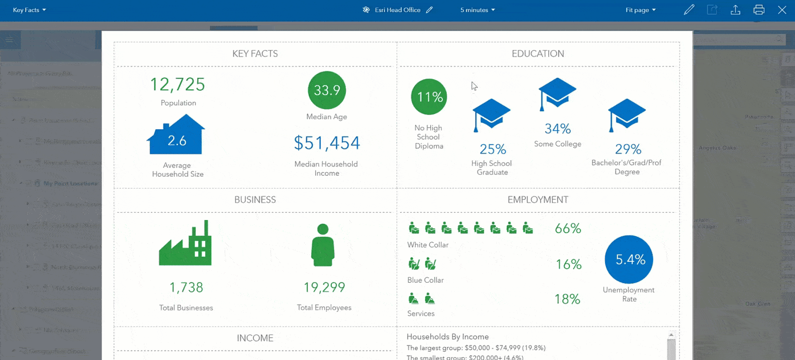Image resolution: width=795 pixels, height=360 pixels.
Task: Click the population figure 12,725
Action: click(x=177, y=85)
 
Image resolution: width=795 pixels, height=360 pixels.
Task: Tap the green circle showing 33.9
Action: click(x=327, y=90)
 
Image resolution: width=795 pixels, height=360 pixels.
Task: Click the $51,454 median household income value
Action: click(x=327, y=143)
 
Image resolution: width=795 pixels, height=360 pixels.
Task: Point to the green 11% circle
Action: click(x=429, y=97)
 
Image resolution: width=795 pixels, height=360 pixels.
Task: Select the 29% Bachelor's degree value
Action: click(x=628, y=149)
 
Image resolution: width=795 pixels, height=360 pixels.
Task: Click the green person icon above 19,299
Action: click(x=323, y=245)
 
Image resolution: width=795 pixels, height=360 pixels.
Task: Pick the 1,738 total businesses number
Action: click(x=186, y=287)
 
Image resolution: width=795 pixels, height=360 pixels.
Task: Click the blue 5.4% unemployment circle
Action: click(x=629, y=259)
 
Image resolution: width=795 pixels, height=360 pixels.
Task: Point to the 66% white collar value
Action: click(x=568, y=228)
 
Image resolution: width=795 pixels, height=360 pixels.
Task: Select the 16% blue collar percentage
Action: click(x=568, y=264)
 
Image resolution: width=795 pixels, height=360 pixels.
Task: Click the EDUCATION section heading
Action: click(x=537, y=54)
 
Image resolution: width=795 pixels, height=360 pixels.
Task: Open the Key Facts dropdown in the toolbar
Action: click(x=29, y=10)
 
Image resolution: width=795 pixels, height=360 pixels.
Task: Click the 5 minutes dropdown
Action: click(x=477, y=10)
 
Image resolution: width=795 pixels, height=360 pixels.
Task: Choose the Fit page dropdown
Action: click(x=640, y=10)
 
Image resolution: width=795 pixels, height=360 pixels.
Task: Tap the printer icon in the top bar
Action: click(x=759, y=10)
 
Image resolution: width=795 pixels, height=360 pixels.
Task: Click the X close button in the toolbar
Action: click(x=782, y=10)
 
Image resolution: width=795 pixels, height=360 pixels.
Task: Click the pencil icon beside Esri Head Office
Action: click(x=430, y=10)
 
